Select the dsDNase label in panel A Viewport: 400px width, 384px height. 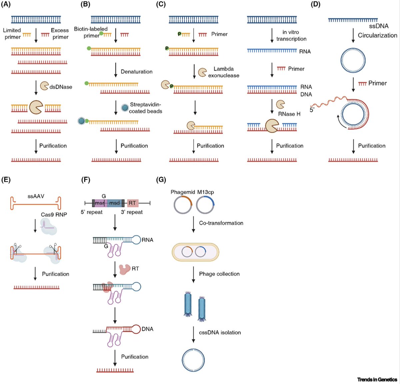61,87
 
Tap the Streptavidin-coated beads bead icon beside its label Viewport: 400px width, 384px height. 124,107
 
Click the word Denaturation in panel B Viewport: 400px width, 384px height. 136,72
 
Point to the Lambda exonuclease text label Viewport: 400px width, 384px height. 223,72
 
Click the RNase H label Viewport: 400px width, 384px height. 289,114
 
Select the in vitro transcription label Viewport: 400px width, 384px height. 291,35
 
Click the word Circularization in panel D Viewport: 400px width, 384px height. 377,35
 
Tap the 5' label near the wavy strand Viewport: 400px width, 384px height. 312,110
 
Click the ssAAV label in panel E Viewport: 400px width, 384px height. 36,196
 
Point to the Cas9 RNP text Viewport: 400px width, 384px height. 54,215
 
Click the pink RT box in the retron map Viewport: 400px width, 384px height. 132,203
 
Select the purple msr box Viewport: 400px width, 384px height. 99,203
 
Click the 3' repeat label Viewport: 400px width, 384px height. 132,212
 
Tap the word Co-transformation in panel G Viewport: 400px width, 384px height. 221,223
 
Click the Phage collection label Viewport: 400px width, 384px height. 219,274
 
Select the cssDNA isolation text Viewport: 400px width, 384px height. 220,332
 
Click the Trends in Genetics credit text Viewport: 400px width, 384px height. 377,379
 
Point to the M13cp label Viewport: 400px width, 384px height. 205,192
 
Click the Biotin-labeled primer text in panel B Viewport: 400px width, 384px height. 91,32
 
